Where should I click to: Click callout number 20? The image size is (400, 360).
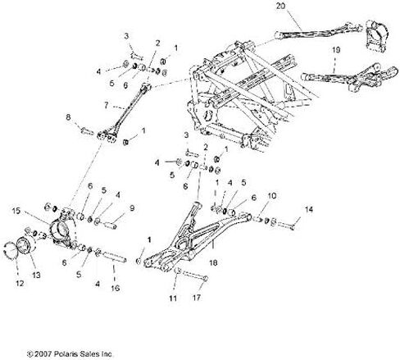coord(280,6)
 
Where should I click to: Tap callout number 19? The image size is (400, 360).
coord(336,50)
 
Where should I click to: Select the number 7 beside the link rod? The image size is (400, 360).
coord(107,105)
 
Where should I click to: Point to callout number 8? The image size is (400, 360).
coord(68,117)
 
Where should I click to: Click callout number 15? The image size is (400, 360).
coord(16,211)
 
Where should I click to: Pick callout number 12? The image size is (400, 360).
coord(20,284)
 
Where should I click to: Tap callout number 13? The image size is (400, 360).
coord(37,275)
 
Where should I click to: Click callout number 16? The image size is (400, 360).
coord(116,288)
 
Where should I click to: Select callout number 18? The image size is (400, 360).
coord(213,262)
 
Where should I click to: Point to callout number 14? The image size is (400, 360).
coord(309,210)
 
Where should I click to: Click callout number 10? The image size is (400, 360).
coord(272,196)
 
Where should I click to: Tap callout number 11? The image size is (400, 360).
coord(173,298)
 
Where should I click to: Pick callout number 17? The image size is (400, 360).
coord(197,298)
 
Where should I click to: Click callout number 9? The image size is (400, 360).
coord(132,208)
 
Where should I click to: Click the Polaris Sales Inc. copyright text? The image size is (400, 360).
coord(70,354)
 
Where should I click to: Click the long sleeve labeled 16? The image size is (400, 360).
coord(114,257)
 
